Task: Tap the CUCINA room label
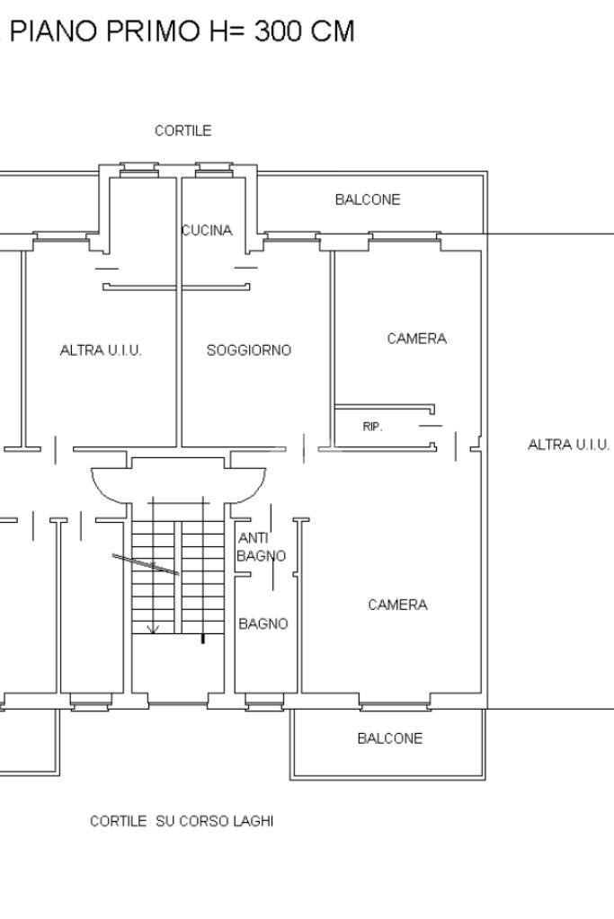208,231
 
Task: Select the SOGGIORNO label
249,350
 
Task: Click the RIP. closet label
372,427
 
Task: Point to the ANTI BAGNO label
260,547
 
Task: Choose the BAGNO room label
263,623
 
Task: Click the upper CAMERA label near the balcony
416,339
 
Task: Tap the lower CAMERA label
397,605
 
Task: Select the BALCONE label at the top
368,199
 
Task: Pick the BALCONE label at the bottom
389,738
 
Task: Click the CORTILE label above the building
182,131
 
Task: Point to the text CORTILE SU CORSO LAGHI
182,821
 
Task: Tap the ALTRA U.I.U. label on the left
101,350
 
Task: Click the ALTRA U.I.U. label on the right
568,445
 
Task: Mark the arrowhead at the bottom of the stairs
153,629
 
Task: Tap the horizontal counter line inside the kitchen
174,287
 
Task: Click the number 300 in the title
281,31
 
